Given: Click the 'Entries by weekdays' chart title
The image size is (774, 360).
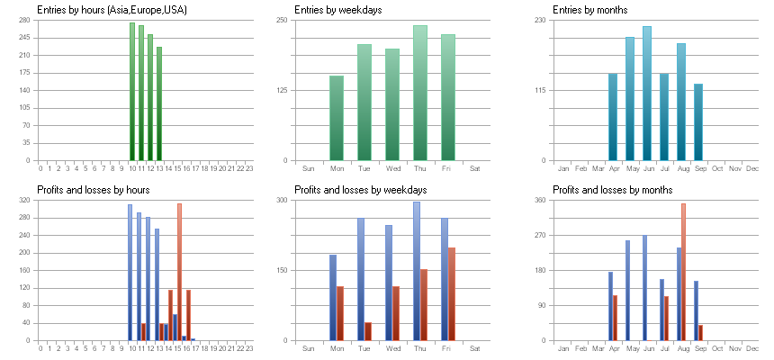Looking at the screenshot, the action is pos(338,10).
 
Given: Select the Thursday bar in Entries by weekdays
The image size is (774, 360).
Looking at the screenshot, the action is pos(420,93).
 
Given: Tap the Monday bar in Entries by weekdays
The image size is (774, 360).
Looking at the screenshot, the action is pos(337,118).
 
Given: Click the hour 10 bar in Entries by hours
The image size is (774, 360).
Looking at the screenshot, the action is pos(131,92).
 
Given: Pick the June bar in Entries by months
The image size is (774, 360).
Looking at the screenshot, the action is pos(646,94).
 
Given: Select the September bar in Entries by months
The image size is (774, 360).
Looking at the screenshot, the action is pos(698,122).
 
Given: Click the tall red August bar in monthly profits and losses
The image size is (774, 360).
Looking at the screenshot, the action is pos(684,272).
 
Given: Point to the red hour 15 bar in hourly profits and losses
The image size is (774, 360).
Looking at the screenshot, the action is pos(180,272).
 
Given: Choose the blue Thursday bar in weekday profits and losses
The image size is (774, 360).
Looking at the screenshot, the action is pos(417,271).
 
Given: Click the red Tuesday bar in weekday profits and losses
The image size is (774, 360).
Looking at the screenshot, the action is pos(368,331).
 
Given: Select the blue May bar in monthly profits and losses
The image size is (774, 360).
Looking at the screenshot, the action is pos(628,291).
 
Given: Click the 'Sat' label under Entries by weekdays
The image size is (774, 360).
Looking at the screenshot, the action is pos(475,168).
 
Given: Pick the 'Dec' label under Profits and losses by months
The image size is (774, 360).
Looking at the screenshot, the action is pos(752,348).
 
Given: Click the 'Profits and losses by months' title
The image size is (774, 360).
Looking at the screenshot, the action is pos(613,190).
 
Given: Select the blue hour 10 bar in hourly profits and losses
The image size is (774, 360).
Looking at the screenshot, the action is pos(130,273).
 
